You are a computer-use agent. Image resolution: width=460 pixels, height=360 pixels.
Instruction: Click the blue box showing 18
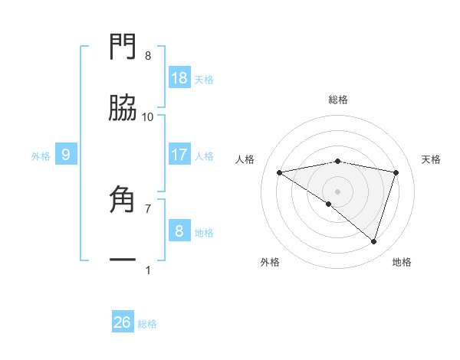pos(179,77)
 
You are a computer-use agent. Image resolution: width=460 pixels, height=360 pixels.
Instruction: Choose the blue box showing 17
pos(179,155)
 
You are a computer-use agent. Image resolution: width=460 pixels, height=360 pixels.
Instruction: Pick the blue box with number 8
pos(179,231)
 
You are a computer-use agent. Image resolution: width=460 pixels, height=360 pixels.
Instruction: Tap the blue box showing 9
pos(66,155)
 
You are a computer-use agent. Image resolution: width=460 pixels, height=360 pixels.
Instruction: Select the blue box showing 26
pos(123,322)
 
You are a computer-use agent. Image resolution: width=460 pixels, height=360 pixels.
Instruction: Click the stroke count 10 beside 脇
pos(148,116)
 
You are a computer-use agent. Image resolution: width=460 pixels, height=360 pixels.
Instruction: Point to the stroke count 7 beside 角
pos(148,208)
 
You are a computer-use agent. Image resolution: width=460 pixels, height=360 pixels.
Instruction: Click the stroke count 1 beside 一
pos(148,270)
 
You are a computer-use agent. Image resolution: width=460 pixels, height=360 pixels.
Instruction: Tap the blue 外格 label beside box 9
pos(41,155)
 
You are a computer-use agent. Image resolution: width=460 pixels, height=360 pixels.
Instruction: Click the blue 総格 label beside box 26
pos(147,324)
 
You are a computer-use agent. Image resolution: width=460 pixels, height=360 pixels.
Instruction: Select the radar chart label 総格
pos(338,100)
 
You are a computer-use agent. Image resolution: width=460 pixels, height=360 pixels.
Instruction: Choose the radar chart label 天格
pos(432,159)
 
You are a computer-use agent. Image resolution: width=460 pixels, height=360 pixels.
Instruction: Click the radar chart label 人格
pos(245,159)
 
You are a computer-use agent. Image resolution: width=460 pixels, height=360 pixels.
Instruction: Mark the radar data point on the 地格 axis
pos(373,241)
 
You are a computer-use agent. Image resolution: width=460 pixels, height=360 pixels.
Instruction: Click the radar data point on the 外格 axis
pos(329,204)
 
